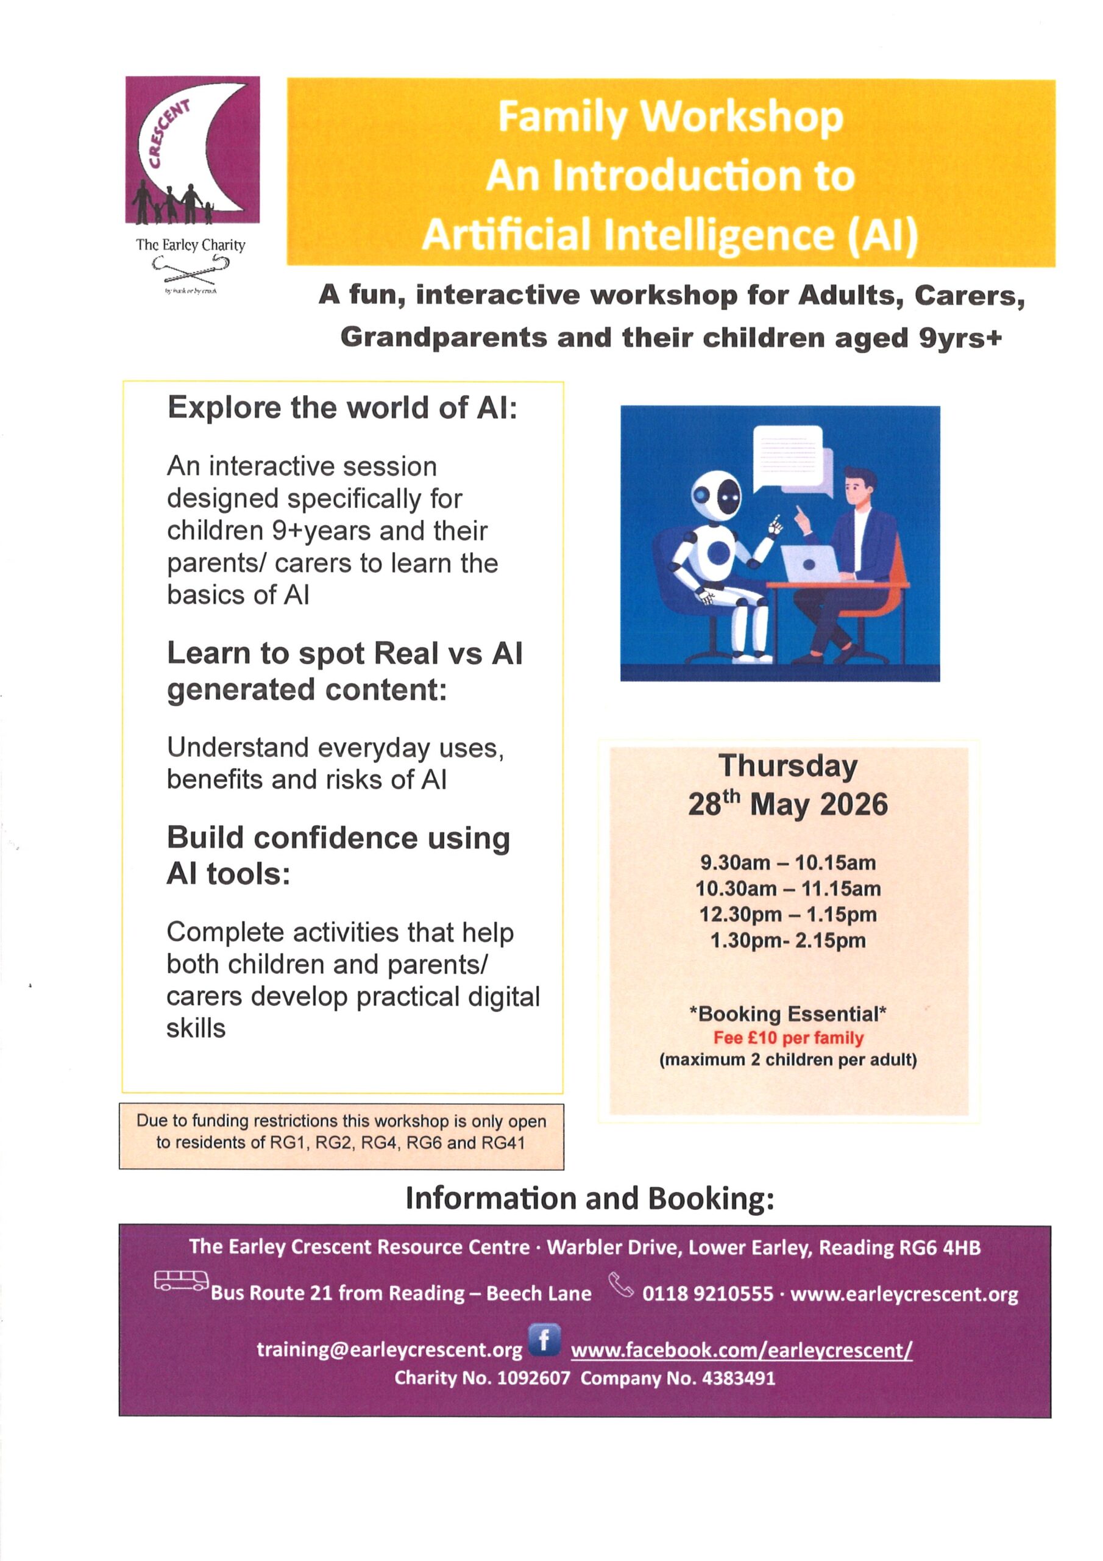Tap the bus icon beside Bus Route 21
(x=181, y=1281)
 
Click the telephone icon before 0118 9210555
(x=620, y=1284)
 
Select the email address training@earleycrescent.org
(x=389, y=1349)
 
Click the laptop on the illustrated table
(x=812, y=563)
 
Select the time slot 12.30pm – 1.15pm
(x=788, y=915)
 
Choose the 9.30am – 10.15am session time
(x=788, y=863)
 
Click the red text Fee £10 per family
(x=788, y=1038)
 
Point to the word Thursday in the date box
(x=788, y=766)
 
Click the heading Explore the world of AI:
(x=342, y=408)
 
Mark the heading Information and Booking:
(x=589, y=1198)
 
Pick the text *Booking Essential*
(x=788, y=1015)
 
